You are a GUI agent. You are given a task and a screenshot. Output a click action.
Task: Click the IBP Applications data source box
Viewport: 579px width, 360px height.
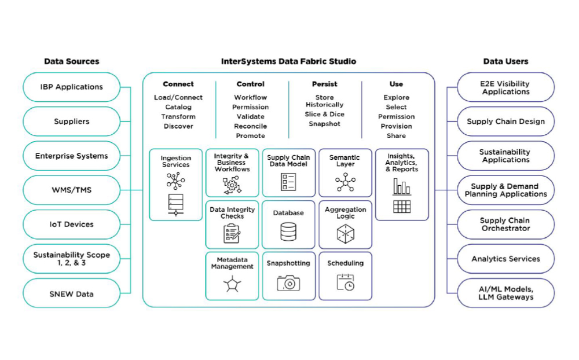[71, 87]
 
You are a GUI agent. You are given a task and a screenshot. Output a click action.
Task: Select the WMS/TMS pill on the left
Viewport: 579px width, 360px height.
[71, 190]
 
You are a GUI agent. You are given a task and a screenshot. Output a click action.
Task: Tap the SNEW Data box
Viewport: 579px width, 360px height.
[71, 293]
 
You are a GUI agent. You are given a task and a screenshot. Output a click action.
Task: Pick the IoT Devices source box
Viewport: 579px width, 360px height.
[71, 225]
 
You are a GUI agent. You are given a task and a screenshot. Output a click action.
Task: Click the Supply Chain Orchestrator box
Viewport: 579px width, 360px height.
[505, 225]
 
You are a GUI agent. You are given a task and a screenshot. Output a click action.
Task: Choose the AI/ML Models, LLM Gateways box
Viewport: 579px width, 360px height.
[505, 293]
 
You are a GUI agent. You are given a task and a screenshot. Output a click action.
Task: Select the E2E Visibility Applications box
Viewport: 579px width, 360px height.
[505, 87]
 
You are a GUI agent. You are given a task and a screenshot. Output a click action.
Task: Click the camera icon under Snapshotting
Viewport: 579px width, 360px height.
[288, 283]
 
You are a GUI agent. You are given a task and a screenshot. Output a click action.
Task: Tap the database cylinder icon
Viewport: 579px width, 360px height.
[288, 232]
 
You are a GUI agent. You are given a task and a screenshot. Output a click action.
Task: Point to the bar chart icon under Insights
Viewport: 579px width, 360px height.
[402, 186]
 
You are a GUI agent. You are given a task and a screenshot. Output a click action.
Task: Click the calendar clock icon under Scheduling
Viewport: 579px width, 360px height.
[345, 282]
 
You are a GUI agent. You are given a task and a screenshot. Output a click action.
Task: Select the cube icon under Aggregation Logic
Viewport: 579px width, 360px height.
[345, 234]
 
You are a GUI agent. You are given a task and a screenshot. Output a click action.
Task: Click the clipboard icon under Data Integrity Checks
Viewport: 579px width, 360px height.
[232, 233]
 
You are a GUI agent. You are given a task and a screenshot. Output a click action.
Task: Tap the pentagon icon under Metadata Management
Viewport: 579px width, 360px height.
[232, 284]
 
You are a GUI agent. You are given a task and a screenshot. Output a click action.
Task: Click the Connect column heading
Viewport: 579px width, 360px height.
[178, 84]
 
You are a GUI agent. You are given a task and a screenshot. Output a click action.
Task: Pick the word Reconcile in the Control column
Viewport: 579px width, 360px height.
[250, 126]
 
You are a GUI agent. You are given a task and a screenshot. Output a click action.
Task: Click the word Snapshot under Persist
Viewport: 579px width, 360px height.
[324, 124]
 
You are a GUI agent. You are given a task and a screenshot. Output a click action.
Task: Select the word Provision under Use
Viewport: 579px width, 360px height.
[397, 126]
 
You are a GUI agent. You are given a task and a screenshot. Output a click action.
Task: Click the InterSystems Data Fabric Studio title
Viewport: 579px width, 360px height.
[288, 61]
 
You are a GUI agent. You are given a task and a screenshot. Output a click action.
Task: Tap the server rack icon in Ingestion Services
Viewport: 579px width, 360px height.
[175, 204]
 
